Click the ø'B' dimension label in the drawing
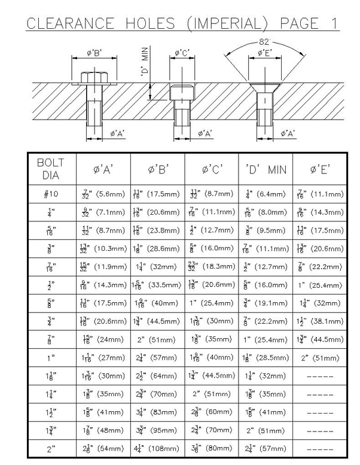[94, 53]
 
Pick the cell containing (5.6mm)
[103, 194]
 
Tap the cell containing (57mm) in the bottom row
[266, 448]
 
